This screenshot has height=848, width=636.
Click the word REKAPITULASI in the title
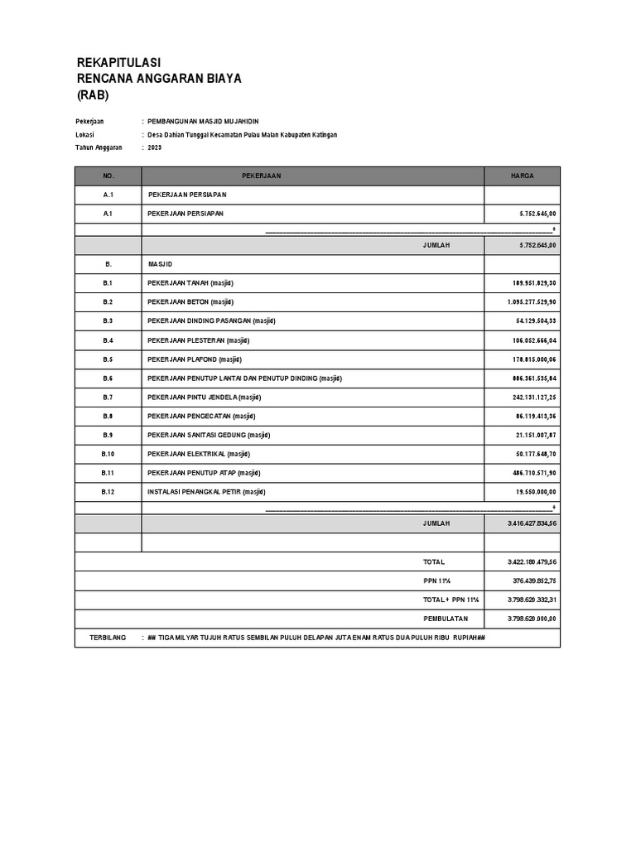[x=118, y=63]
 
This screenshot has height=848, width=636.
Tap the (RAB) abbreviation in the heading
[x=93, y=94]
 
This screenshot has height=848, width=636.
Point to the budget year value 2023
[x=155, y=147]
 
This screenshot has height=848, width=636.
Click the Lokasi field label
[x=84, y=135]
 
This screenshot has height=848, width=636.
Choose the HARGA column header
[x=522, y=176]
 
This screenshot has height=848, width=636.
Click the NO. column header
[x=108, y=176]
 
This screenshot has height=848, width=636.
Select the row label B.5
[x=108, y=359]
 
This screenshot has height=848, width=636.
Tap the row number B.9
[x=108, y=435]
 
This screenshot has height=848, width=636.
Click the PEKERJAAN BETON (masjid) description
[x=190, y=302]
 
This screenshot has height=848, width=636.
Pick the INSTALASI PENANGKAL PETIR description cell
[x=206, y=492]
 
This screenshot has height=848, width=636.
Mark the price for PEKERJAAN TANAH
[x=534, y=283]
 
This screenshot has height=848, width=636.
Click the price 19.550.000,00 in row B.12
[x=534, y=492]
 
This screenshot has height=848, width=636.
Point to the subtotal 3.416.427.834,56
[x=532, y=524]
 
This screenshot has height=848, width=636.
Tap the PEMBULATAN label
[x=446, y=619]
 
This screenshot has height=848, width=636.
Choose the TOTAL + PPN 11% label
[x=450, y=600]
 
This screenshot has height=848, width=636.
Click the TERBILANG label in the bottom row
[x=108, y=638]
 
